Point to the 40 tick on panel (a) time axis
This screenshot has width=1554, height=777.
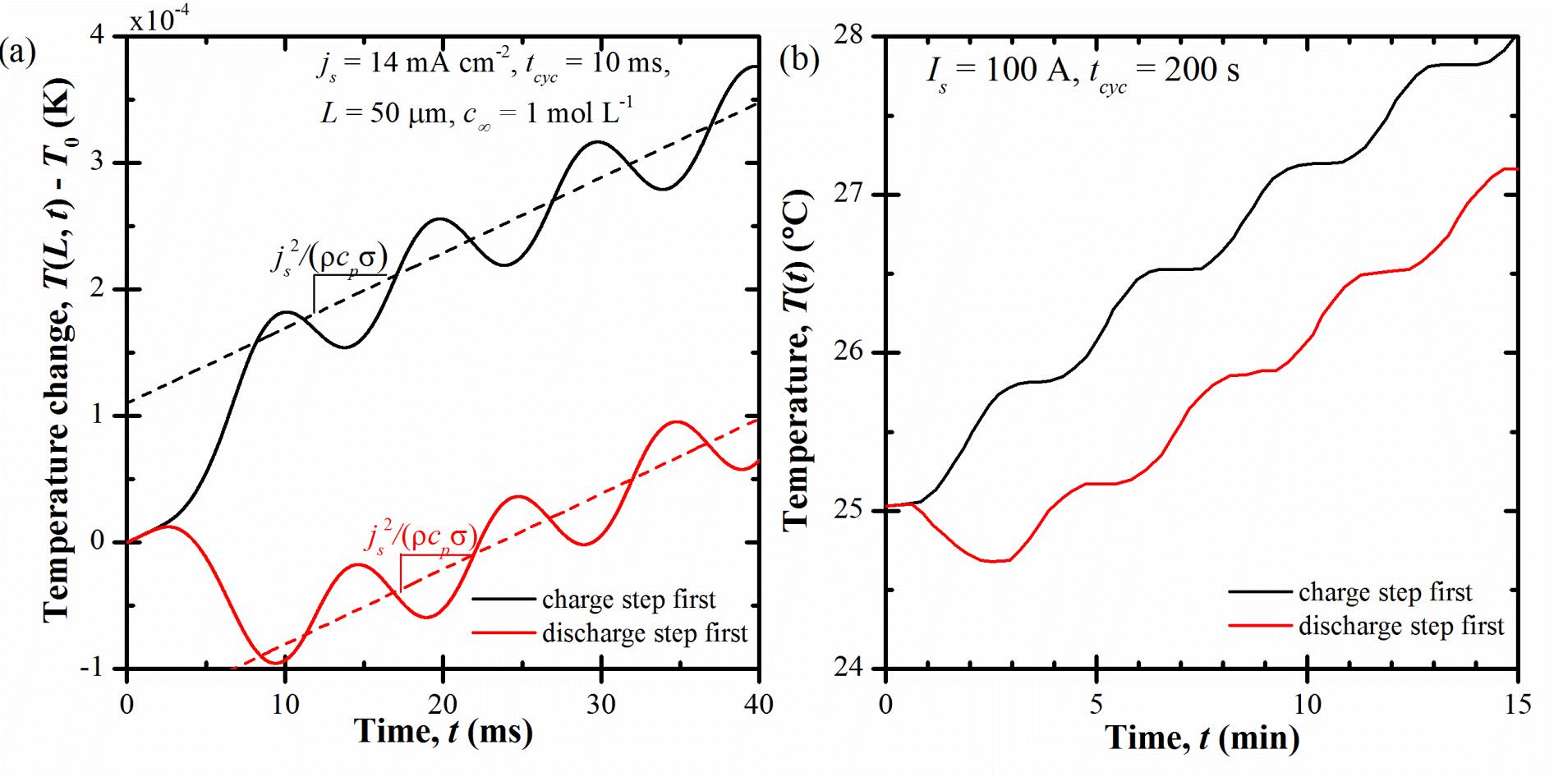(758, 705)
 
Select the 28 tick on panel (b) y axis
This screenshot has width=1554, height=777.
(854, 36)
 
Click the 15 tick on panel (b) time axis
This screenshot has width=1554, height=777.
(1516, 705)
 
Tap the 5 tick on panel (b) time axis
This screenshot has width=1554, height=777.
(1096, 705)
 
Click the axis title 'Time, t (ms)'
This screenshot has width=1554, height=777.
(444, 731)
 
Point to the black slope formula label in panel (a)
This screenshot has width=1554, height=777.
(329, 259)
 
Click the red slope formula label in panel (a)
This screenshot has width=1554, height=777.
(421, 539)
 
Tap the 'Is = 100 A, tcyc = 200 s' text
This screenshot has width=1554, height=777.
(1083, 72)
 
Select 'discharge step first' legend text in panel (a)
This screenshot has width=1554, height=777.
(645, 633)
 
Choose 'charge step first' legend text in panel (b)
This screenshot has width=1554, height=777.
(1385, 592)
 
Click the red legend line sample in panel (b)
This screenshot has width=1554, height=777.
(1260, 626)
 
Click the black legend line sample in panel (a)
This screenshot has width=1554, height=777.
(503, 600)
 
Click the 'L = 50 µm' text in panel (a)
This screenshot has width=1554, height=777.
(383, 113)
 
